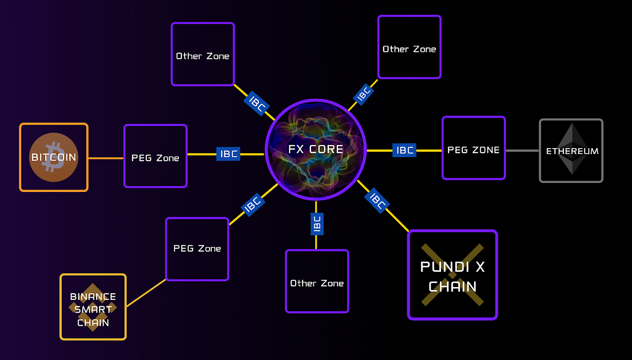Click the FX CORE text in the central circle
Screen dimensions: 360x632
(316, 149)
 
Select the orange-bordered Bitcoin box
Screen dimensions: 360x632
(54, 157)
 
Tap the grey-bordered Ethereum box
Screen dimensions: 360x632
(571, 150)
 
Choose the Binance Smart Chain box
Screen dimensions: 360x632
(93, 307)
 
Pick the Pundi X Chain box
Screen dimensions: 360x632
(452, 275)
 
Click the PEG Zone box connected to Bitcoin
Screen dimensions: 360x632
(155, 156)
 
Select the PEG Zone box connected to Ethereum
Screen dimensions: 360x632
(474, 148)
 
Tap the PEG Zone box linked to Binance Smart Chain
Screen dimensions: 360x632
(197, 249)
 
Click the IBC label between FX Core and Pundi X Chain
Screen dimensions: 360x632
(377, 201)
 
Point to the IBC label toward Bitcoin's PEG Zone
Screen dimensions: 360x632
(228, 154)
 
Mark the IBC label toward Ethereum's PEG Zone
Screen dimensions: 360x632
(404, 150)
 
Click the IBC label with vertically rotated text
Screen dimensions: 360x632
(317, 224)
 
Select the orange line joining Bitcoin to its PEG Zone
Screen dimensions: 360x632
(106, 158)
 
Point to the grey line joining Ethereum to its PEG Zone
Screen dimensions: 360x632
(522, 150)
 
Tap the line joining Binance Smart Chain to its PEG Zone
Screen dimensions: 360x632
(146, 293)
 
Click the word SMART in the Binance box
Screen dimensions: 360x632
(93, 309)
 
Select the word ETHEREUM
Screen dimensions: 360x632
(572, 151)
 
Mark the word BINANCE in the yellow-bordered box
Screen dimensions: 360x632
(93, 297)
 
